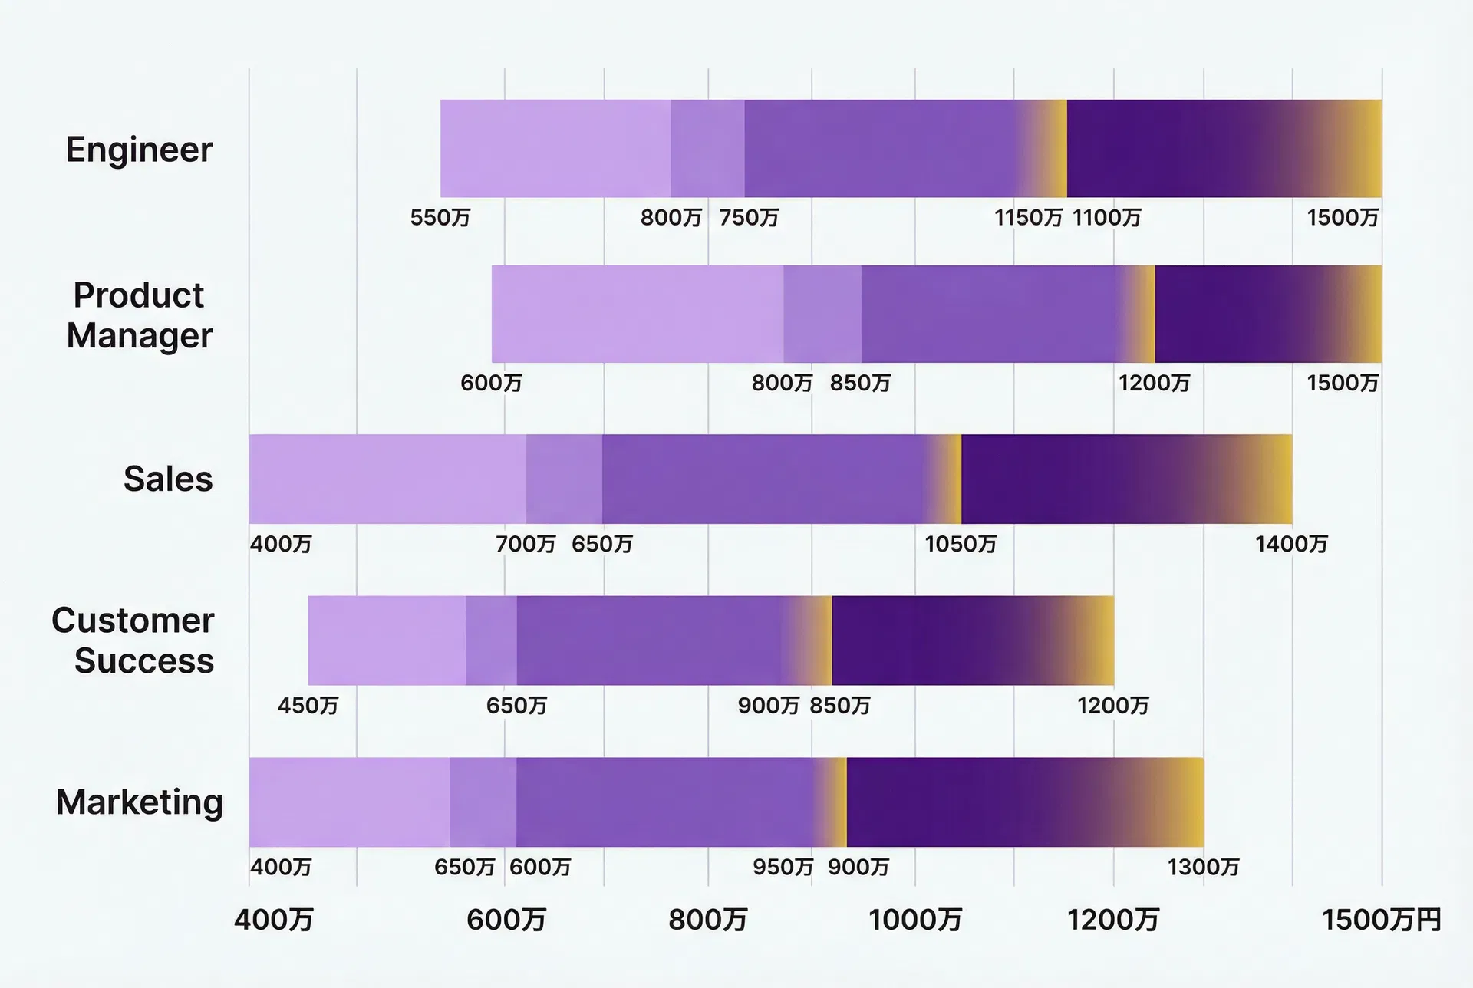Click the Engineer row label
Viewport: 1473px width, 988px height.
139,150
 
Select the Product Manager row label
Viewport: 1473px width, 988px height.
139,315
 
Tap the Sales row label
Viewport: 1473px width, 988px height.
168,479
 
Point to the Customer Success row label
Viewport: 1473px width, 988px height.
133,641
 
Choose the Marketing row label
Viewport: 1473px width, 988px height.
140,802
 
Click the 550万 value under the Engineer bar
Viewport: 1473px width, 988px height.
440,218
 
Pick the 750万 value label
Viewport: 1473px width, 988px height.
749,218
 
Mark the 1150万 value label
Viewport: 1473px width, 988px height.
1028,218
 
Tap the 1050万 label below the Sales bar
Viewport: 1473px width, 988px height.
960,545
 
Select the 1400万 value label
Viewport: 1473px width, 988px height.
1291,545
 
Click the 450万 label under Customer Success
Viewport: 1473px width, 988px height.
308,706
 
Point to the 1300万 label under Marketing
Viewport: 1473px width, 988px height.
1203,868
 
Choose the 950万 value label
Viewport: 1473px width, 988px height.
783,868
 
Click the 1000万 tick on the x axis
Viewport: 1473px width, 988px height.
914,920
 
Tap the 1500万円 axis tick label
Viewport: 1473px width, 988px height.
1381,920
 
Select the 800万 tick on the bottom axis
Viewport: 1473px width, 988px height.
707,920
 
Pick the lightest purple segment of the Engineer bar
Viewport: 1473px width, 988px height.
555,149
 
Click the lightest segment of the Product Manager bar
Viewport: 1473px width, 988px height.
637,315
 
